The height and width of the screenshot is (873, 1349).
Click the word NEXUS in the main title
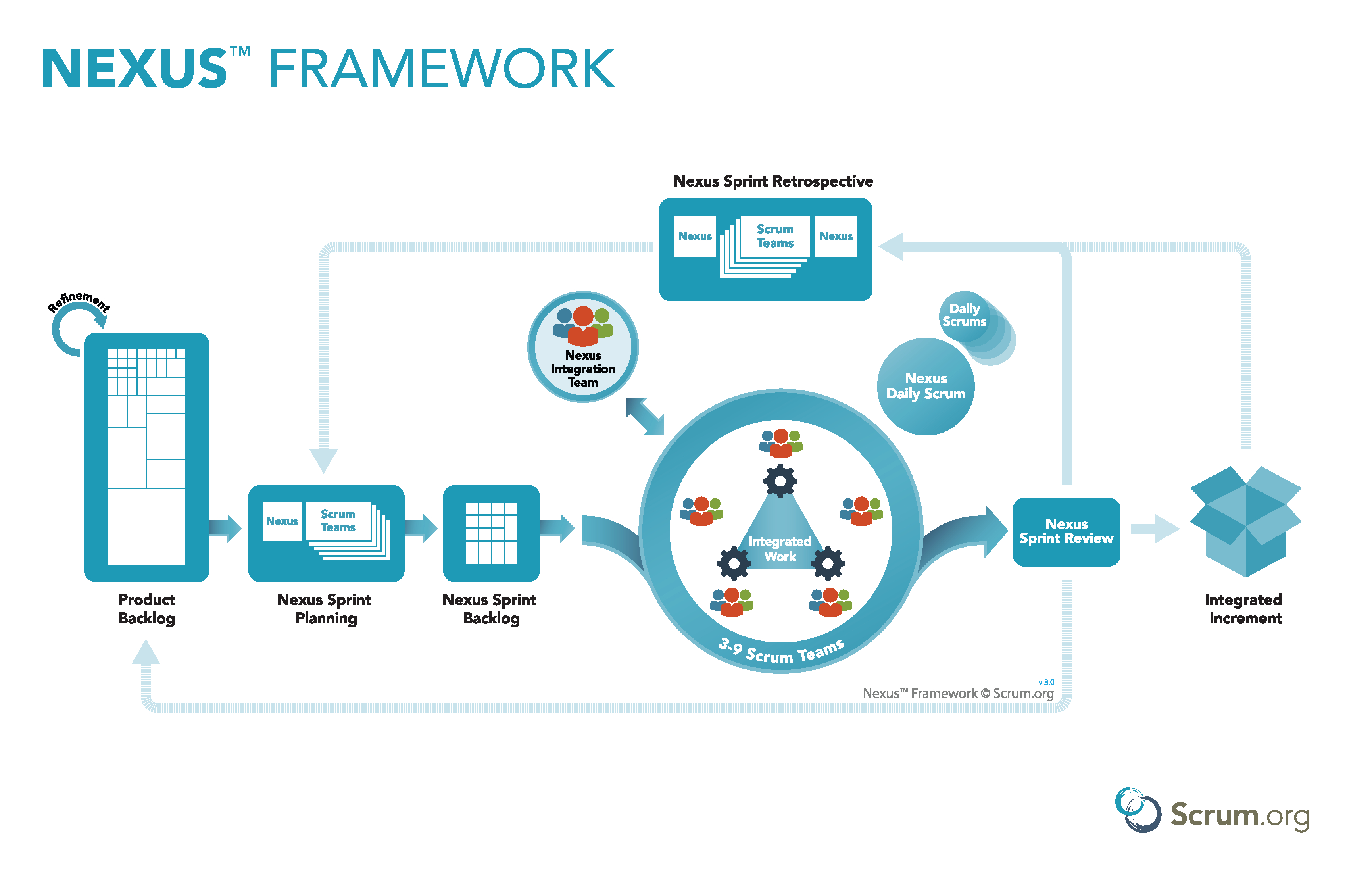pos(135,69)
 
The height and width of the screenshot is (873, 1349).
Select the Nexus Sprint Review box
pos(1066,532)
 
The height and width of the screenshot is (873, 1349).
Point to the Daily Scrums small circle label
pos(964,315)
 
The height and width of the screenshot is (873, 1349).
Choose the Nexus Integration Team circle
pos(583,347)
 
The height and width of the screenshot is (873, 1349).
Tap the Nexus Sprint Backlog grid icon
pos(491,533)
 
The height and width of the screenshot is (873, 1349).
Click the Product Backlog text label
pos(146,609)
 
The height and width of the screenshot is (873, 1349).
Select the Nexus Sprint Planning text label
pos(325,609)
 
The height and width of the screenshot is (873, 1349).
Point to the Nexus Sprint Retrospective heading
pos(773,181)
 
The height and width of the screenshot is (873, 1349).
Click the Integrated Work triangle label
pos(780,549)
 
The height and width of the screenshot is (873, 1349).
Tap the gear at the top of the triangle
pos(780,481)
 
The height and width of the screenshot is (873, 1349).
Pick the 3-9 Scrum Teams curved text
pos(781,652)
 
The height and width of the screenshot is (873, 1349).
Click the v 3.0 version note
pos(1046,682)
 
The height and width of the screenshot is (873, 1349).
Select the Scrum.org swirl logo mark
pos(1137,810)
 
